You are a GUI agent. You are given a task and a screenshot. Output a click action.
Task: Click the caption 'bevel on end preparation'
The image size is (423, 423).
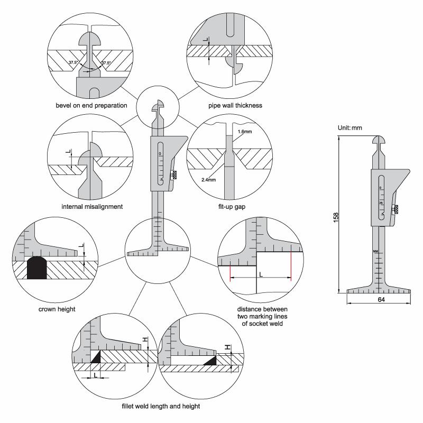pyautogui.click(x=91, y=105)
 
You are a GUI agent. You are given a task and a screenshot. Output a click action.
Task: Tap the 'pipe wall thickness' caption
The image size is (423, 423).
pyautogui.click(x=235, y=105)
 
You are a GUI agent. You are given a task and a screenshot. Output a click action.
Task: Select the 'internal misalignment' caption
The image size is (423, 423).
pyautogui.click(x=92, y=207)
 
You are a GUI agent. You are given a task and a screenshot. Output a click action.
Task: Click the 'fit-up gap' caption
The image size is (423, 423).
pyautogui.click(x=232, y=207)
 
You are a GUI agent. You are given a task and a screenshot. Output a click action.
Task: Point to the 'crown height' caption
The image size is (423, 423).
pyautogui.click(x=57, y=309)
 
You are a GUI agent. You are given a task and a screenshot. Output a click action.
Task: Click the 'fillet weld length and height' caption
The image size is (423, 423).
pyautogui.click(x=161, y=406)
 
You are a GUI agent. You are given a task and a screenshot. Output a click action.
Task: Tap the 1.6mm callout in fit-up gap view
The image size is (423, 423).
pyautogui.click(x=245, y=132)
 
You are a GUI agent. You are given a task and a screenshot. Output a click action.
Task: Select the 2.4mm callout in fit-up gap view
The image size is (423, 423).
pyautogui.click(x=208, y=180)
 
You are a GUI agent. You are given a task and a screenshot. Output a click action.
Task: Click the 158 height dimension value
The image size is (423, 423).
pyautogui.click(x=336, y=217)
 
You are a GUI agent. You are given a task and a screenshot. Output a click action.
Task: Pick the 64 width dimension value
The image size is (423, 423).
pyautogui.click(x=381, y=300)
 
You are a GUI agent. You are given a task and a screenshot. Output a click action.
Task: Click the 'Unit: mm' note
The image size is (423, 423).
pyautogui.click(x=350, y=128)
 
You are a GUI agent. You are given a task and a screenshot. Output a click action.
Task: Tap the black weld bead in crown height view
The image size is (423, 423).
pyautogui.click(x=37, y=268)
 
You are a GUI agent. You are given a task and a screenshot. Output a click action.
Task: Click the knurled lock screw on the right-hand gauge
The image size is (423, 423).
pyautogui.click(x=396, y=209)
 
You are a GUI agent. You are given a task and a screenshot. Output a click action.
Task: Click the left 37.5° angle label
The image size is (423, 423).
pyautogui.click(x=73, y=62)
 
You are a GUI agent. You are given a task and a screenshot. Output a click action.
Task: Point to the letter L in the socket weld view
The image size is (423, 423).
pyautogui.click(x=261, y=274)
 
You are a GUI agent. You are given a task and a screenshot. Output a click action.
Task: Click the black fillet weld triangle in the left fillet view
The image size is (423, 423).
pyautogui.click(x=96, y=356)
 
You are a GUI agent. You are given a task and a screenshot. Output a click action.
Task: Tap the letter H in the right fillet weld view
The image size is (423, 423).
pyautogui.click(x=228, y=347)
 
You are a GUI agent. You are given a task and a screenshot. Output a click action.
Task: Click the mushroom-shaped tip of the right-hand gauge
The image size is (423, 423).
pyautogui.click(x=379, y=140)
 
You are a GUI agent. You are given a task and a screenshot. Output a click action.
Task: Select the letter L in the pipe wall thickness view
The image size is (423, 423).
pyautogui.click(x=206, y=39)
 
